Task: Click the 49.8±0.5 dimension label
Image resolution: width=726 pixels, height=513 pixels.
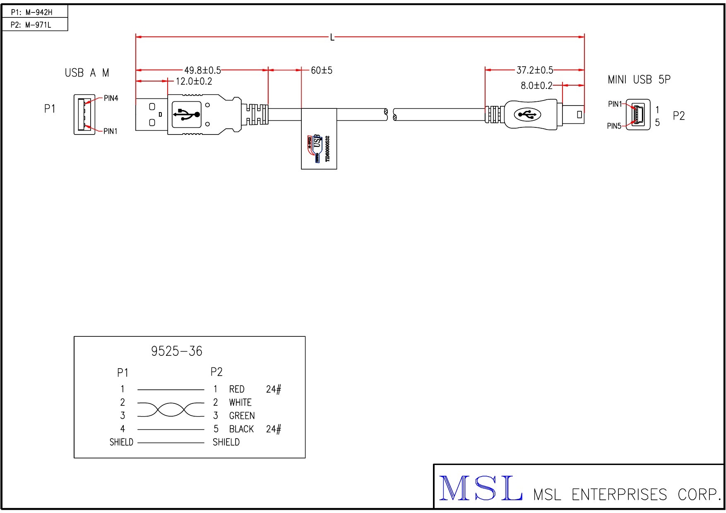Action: pyautogui.click(x=202, y=70)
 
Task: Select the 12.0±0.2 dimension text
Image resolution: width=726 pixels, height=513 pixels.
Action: pyautogui.click(x=194, y=81)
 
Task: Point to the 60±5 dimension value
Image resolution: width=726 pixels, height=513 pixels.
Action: pyautogui.click(x=322, y=70)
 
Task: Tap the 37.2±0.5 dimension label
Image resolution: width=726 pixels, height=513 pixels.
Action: pyautogui.click(x=534, y=70)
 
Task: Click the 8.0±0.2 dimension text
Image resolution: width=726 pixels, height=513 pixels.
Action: pyautogui.click(x=536, y=86)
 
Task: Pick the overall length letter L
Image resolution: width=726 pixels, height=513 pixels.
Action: pyautogui.click(x=332, y=38)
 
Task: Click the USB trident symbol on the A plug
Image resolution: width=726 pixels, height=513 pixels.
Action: pyautogui.click(x=187, y=114)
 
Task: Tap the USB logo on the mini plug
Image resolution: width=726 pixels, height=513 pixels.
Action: pyautogui.click(x=527, y=115)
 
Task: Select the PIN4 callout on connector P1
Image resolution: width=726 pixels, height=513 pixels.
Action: pyautogui.click(x=111, y=98)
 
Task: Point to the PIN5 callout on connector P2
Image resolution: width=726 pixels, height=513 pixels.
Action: pyautogui.click(x=614, y=126)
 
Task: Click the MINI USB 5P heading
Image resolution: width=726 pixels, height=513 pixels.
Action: pyautogui.click(x=639, y=79)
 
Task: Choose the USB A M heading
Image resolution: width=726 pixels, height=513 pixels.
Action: pyautogui.click(x=87, y=73)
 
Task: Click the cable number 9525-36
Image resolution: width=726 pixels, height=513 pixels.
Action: pyautogui.click(x=177, y=351)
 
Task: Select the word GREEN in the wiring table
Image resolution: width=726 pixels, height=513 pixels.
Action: pyautogui.click(x=242, y=416)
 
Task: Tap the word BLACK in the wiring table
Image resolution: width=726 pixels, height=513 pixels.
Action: pyautogui.click(x=241, y=429)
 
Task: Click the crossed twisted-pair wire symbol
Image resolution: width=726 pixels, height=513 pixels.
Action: pyautogui.click(x=171, y=409)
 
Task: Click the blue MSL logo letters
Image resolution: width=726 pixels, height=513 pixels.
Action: pyautogui.click(x=480, y=489)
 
